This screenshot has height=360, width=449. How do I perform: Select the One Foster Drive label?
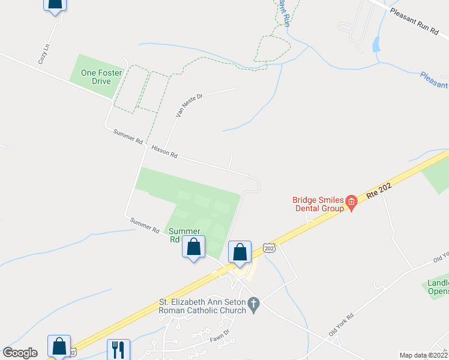coord(101,77)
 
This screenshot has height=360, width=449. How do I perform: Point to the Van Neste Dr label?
coord(188,104)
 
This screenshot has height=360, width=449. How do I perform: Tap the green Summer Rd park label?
coord(182,235)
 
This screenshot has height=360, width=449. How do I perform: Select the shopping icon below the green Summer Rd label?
coord(193,247)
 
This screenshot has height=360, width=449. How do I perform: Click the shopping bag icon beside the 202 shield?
coord(240,253)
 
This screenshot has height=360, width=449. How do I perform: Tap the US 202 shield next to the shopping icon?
coord(268,247)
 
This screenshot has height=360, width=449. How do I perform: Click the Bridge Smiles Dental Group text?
coord(317,204)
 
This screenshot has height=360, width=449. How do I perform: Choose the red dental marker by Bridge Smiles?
coord(352,205)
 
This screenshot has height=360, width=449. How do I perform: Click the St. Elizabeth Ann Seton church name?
coord(202,306)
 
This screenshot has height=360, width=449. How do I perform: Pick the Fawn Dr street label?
coord(219,337)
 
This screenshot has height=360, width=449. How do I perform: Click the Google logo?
coord(20,353)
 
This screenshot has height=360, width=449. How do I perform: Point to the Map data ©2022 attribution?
coord(423,355)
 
